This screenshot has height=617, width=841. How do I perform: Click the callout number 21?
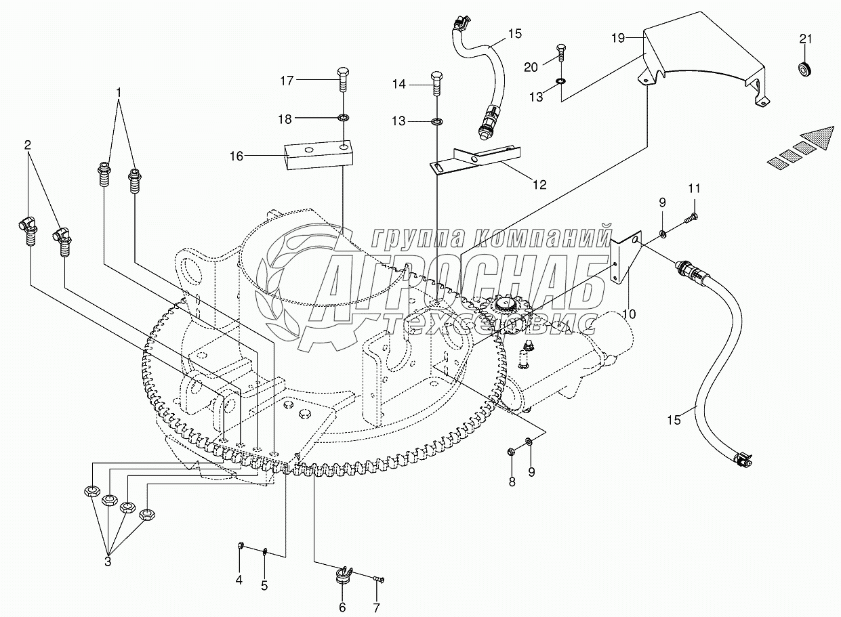tap(805, 39)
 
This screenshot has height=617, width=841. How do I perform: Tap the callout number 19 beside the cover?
tap(618, 38)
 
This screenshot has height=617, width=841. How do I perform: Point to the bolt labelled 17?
tap(343, 79)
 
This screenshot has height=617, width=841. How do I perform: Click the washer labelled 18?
tap(343, 119)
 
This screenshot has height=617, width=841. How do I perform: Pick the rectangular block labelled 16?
tap(319, 154)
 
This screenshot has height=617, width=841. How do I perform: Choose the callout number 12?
tap(540, 185)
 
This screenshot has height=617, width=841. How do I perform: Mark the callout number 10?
tap(630, 314)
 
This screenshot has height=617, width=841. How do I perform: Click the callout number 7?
tap(376, 608)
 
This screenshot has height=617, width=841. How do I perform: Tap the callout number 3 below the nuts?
tap(108, 572)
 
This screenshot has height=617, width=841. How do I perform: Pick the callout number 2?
tap(27, 145)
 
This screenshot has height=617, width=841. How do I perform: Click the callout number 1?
tap(119, 92)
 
